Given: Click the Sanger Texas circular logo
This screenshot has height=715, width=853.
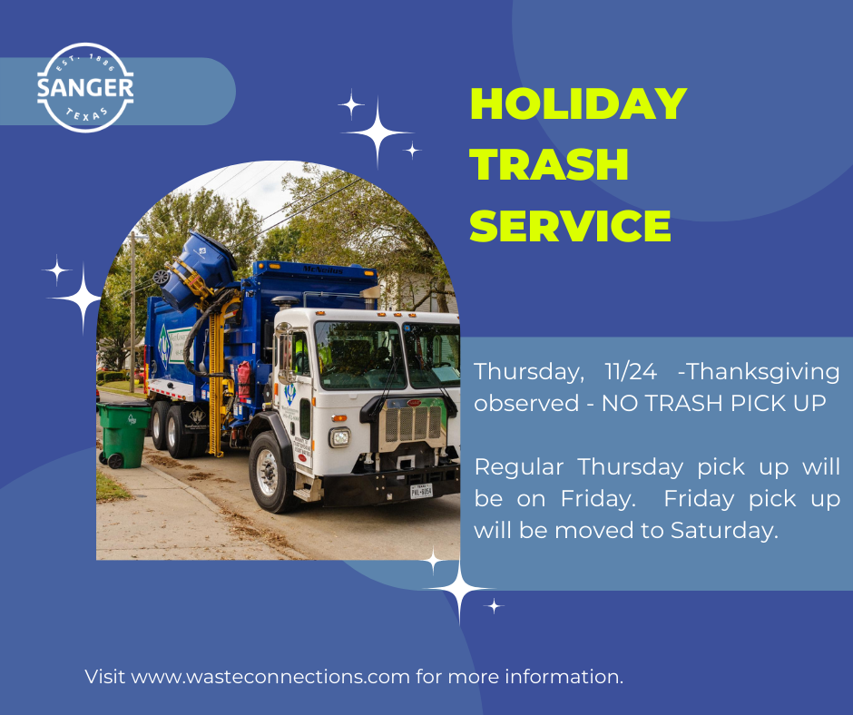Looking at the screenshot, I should tap(85, 88).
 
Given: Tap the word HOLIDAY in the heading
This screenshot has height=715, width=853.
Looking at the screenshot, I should tap(578, 104).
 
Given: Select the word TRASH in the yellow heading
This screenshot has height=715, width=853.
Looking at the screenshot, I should tap(550, 164).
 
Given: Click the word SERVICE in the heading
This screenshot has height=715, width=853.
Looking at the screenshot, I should tap(570, 225).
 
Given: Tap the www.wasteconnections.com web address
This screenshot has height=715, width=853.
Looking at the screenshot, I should tap(271, 677).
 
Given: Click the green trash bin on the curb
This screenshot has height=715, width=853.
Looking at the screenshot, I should tap(123, 435).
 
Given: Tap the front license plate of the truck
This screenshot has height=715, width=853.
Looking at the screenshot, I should tap(421, 491).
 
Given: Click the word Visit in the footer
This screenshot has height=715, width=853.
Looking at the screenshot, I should tap(105, 677).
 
